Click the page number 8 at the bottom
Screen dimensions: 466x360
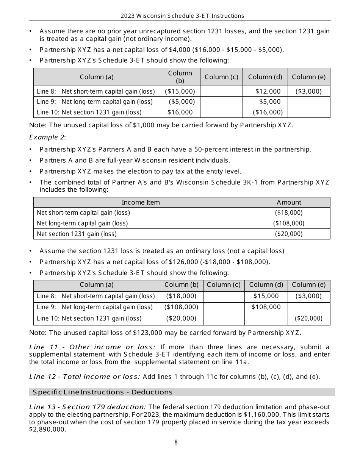point(176,442)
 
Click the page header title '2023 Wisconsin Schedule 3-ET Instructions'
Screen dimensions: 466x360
point(182,16)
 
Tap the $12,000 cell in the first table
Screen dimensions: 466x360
point(268,91)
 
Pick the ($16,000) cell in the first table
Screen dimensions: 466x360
point(268,112)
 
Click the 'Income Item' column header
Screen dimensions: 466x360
point(141,202)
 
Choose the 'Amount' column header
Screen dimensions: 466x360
point(289,202)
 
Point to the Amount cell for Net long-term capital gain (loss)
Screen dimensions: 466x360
point(289,224)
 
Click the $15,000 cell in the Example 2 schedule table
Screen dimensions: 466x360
point(266,296)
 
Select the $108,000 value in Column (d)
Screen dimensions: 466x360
point(266,307)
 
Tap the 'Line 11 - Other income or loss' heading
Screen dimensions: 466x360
point(92,347)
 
